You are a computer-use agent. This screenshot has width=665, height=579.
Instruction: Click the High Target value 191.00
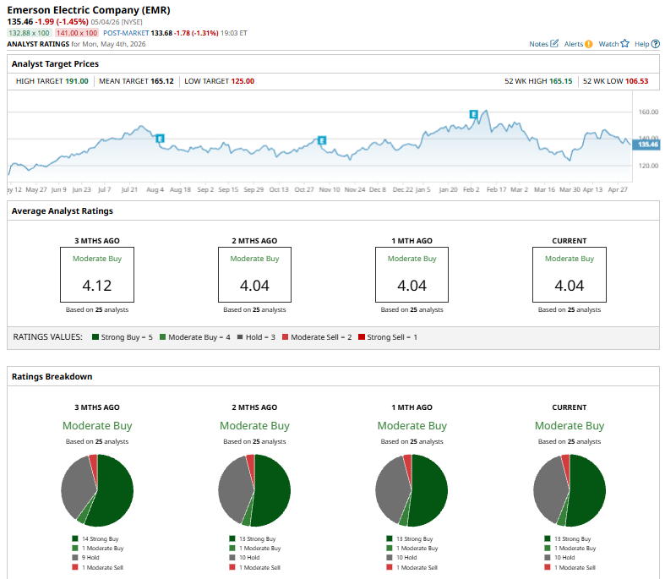tap(77, 81)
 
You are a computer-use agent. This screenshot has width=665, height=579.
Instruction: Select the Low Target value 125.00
tap(243, 81)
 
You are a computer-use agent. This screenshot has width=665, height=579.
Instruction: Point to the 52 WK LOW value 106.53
tap(636, 81)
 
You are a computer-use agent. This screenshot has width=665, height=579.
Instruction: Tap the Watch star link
tap(613, 44)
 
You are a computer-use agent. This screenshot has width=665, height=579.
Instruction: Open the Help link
tap(647, 44)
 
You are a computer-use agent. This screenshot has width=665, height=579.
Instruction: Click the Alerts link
tap(578, 44)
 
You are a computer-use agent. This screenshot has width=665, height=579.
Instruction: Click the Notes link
tap(543, 44)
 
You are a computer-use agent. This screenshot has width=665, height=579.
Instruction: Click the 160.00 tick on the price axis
tap(648, 112)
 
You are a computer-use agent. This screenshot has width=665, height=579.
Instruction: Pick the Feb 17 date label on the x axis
tap(496, 189)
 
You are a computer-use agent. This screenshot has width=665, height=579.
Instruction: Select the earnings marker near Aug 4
tap(160, 139)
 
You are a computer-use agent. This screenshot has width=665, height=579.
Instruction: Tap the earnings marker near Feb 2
tap(474, 114)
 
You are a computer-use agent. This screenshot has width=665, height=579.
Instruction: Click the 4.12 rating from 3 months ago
tap(97, 286)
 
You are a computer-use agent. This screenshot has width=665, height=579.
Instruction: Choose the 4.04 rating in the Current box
tap(570, 286)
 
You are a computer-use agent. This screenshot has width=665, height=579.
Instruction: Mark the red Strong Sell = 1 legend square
tap(362, 336)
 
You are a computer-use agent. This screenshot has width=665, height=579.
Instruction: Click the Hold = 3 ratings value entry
tap(256, 337)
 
